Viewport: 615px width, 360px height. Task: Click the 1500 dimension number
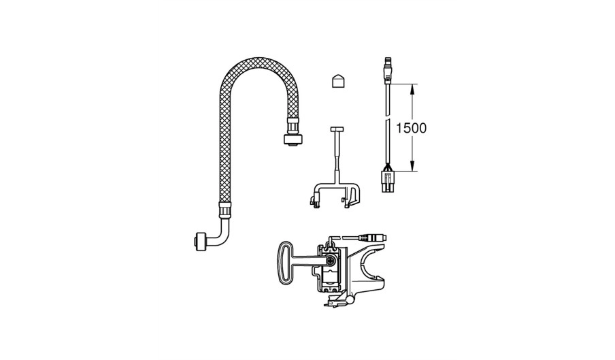coord(410,128)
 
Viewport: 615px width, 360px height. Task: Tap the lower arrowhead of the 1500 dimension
coord(412,165)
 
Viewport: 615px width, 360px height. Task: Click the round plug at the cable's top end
coord(388,69)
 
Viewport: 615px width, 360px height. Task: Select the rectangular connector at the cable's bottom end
coord(388,180)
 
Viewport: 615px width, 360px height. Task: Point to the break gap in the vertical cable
coord(388,118)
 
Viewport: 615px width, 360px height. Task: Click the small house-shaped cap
coord(337,80)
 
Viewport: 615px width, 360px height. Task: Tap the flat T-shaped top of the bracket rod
coord(337,129)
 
